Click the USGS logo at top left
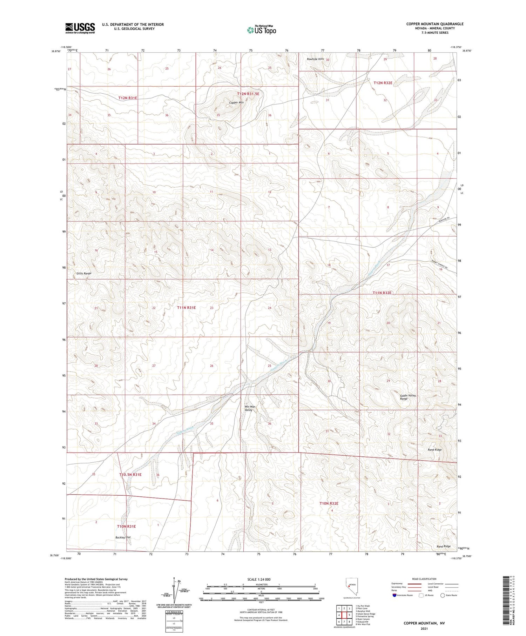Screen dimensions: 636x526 click(80, 28)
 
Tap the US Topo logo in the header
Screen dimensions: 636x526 click(262, 30)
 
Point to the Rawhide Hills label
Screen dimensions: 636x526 click(315, 59)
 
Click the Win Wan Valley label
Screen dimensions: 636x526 click(250, 408)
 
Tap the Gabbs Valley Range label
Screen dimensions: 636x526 click(408, 397)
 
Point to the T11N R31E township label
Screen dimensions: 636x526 click(186, 308)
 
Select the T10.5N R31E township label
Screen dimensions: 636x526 click(130, 475)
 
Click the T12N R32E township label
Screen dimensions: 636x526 click(383, 83)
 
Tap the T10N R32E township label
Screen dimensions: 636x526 click(329, 503)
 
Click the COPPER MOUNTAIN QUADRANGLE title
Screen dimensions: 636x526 click(435, 24)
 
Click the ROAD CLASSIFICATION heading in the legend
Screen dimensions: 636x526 click(424, 579)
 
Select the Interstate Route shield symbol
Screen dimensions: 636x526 click(395, 595)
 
